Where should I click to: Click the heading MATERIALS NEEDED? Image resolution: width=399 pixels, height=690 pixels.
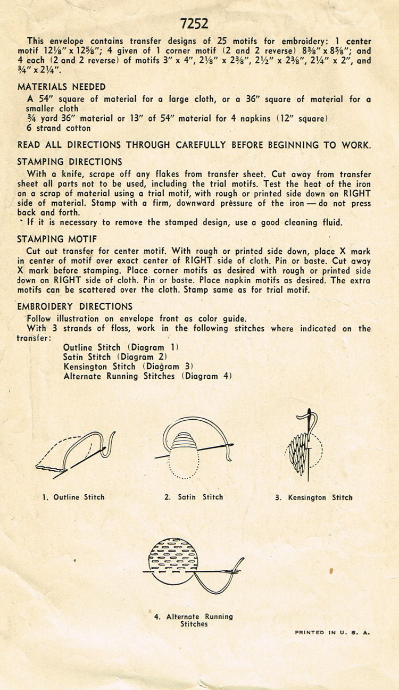62,87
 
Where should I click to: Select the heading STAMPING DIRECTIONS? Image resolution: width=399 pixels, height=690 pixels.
70,162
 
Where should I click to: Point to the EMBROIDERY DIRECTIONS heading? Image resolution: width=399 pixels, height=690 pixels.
75,306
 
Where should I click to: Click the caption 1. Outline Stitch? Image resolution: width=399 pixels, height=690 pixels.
73,497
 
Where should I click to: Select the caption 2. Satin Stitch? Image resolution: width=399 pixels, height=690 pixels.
194,497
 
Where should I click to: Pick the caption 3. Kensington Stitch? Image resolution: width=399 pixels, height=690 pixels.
314,497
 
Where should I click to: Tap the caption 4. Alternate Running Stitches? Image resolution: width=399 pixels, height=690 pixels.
194,620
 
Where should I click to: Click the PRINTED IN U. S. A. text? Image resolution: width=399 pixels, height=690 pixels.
332,633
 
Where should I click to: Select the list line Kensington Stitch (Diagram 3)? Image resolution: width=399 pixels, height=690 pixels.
128,367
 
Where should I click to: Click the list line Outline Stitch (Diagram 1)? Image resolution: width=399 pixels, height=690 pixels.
121,347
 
